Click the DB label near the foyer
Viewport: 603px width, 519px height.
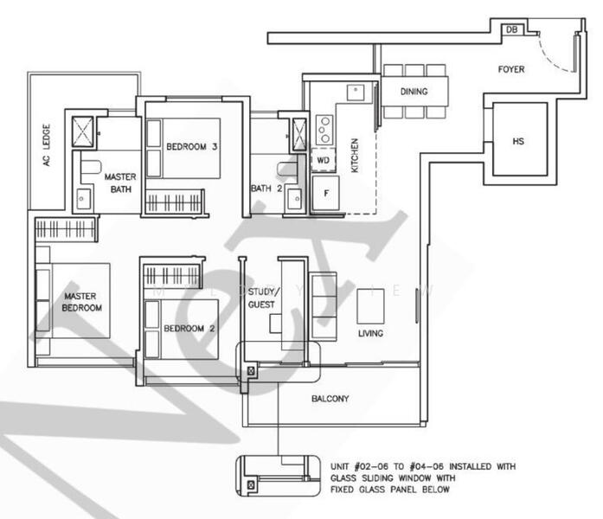click(511, 29)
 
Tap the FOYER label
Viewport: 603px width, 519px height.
click(511, 69)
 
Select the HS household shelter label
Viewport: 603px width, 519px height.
click(518, 141)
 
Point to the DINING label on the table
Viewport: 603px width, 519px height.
click(414, 92)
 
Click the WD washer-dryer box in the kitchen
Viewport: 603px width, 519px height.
click(323, 159)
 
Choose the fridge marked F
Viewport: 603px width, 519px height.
click(326, 193)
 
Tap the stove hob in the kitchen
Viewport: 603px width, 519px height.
click(325, 130)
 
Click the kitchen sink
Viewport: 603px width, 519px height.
click(356, 93)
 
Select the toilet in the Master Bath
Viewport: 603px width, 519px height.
click(90, 167)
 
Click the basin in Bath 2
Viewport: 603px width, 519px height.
click(294, 199)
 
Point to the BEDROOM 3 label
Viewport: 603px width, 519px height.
click(192, 146)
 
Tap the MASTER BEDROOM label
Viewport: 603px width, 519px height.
click(81, 302)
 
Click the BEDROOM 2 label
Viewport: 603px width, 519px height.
click(189, 329)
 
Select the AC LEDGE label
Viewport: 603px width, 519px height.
click(47, 145)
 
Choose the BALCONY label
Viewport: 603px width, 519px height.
click(330, 399)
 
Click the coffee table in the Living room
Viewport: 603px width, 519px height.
click(371, 306)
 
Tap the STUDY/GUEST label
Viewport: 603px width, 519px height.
click(262, 298)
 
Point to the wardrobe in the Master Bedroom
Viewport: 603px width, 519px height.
click(65, 229)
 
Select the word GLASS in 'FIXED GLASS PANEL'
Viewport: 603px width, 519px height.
click(374, 490)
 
